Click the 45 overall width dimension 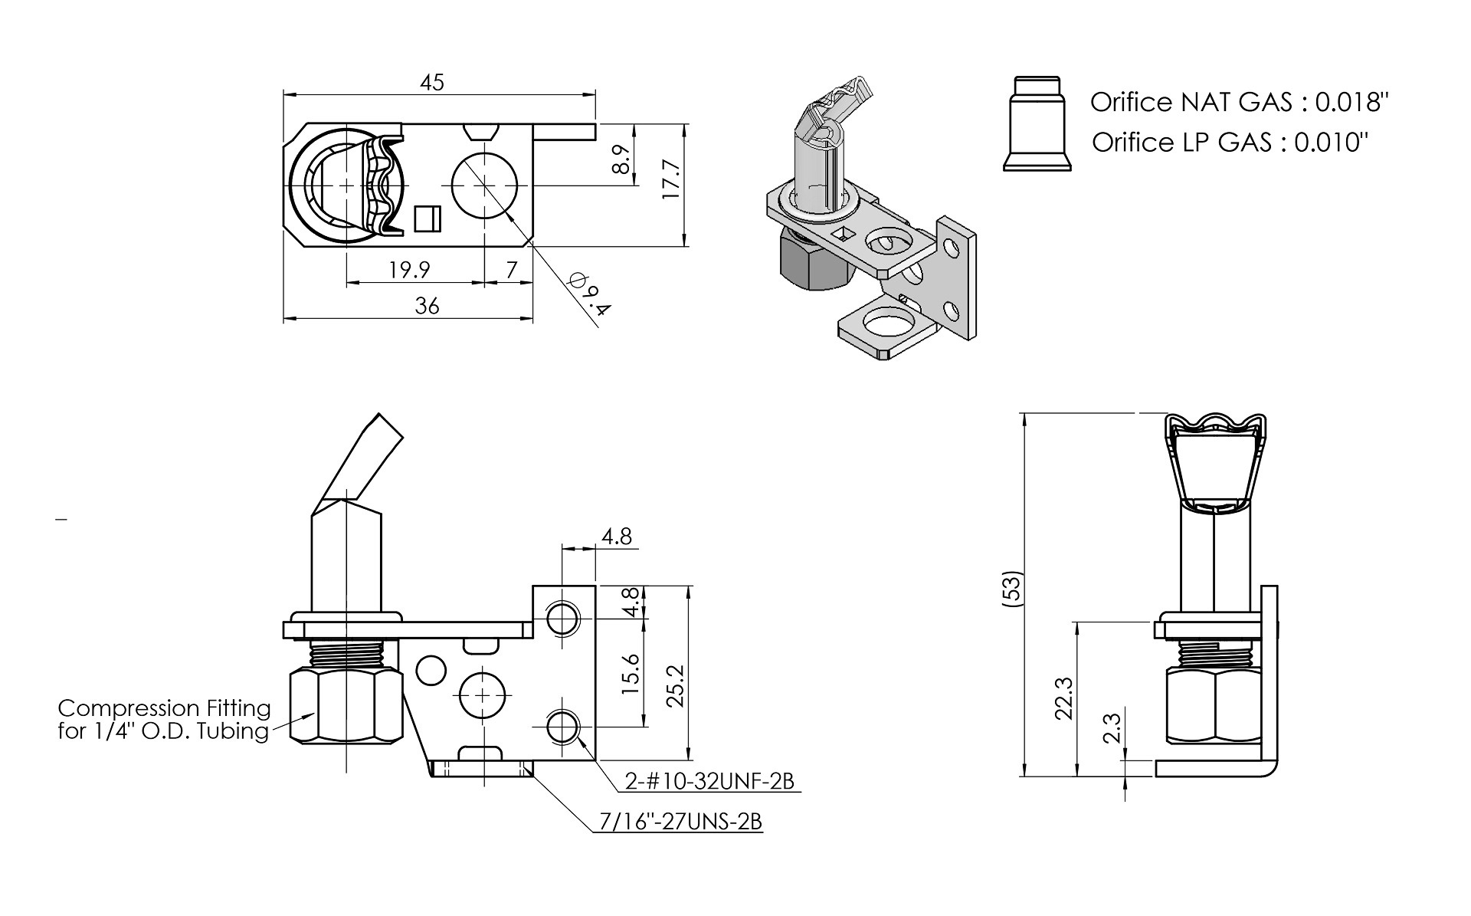coord(432,83)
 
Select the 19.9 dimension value coord(409,270)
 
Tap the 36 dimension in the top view coord(427,306)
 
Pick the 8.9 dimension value coord(622,159)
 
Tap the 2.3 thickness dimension coord(1112,729)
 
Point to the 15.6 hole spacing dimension coord(630,674)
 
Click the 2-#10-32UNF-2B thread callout coord(709,781)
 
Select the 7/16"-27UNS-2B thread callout coord(679,822)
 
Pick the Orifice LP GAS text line coord(1229,142)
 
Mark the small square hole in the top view coord(427,218)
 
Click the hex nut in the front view coord(346,705)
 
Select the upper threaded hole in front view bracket coord(563,617)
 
